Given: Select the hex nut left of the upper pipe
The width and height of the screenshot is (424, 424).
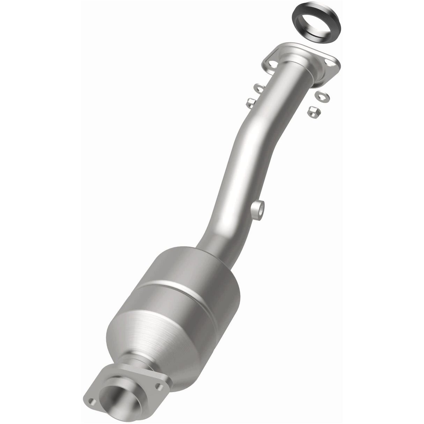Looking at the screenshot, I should click(x=250, y=102).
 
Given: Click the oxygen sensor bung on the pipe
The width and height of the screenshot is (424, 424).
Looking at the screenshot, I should click(x=258, y=210).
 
